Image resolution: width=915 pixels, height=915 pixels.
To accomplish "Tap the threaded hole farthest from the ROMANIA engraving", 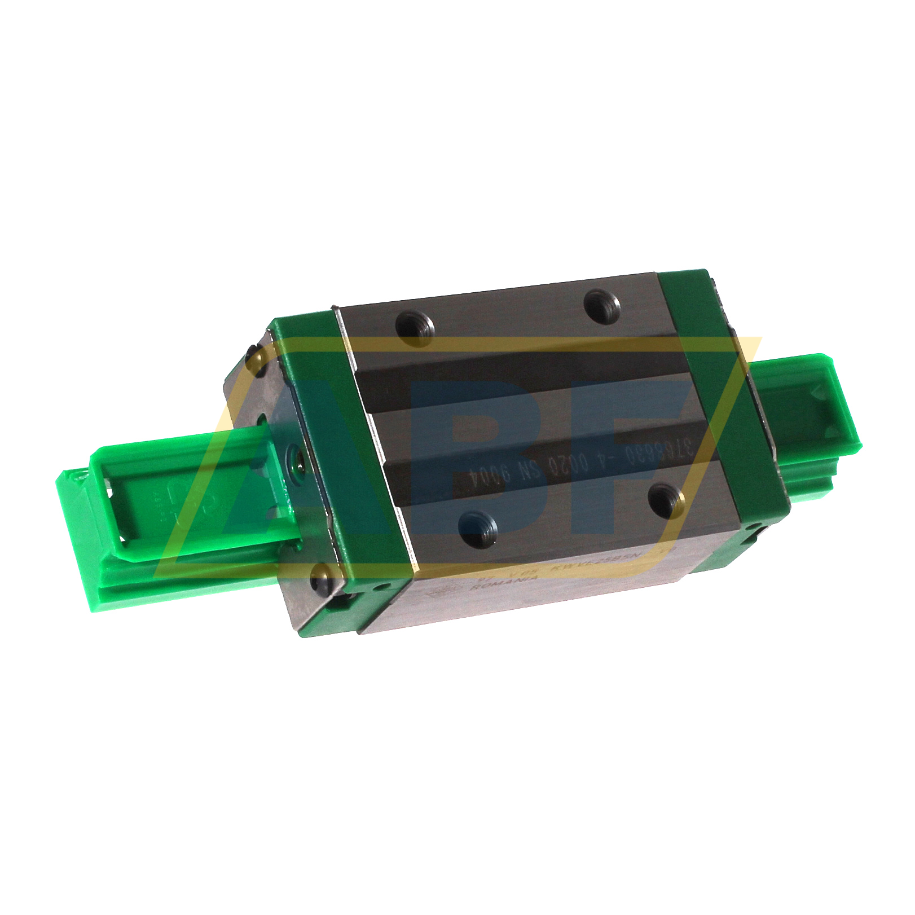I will click(601, 305).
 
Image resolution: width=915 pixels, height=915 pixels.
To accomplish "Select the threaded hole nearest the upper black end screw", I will click(415, 328).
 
